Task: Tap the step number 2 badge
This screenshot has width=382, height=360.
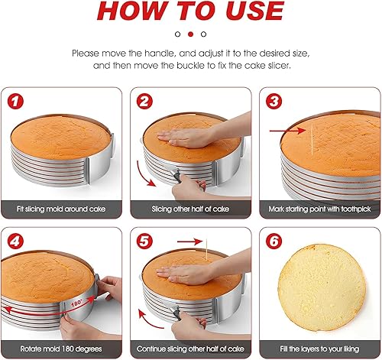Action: coord(145,100)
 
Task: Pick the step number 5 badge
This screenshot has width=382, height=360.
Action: coord(145,240)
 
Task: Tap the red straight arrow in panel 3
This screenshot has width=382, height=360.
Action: coord(295,131)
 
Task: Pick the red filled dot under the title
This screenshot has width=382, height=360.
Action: coord(191,34)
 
